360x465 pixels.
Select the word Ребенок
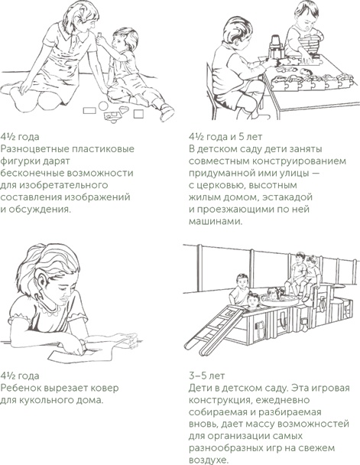[x=24, y=387]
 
